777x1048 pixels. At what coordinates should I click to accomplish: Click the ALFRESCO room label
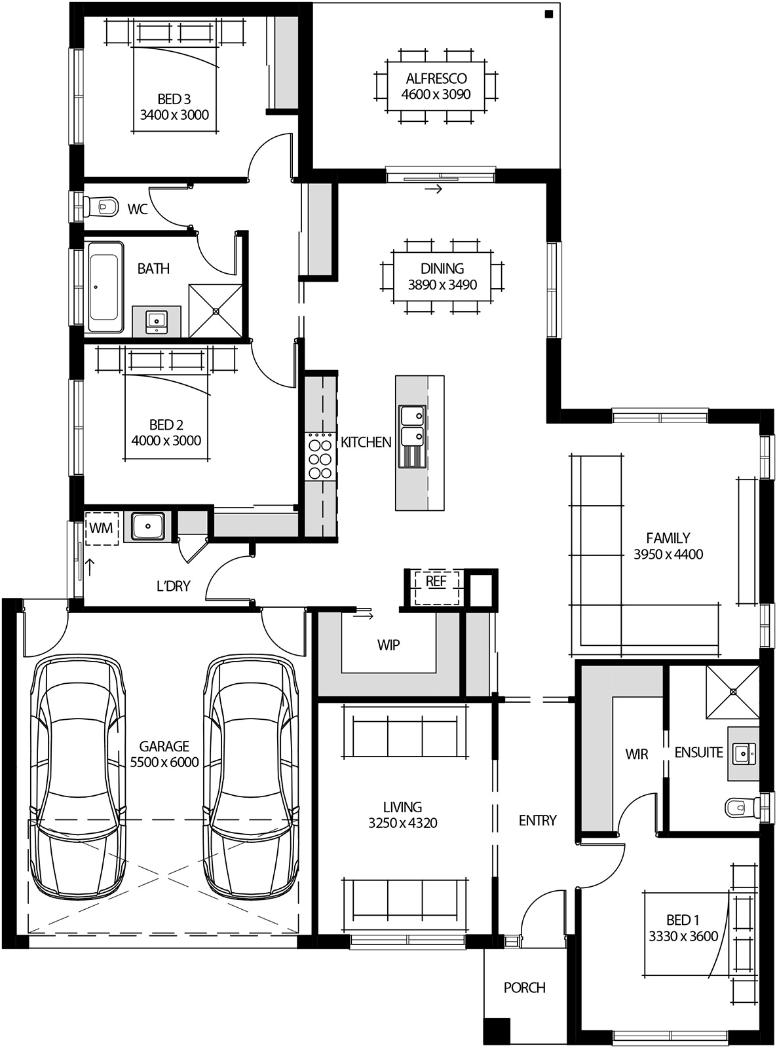(x=436, y=78)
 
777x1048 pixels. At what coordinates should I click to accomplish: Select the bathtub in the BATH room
(x=104, y=286)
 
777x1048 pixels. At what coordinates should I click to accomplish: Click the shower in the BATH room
(x=216, y=310)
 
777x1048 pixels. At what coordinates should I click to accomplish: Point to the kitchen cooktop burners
(x=320, y=457)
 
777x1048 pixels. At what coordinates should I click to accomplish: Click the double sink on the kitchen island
(x=412, y=436)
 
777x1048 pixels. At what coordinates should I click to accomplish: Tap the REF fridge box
(x=436, y=582)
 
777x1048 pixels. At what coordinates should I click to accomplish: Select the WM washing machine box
(x=101, y=528)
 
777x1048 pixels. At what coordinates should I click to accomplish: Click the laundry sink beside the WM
(x=148, y=526)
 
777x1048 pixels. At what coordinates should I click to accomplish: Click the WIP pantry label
(x=389, y=645)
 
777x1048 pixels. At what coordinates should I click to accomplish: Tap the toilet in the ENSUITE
(x=740, y=806)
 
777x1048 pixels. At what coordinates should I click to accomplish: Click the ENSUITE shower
(x=732, y=692)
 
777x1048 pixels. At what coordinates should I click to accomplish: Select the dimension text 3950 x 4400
(x=668, y=555)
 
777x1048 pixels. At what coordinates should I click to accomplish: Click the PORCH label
(x=524, y=987)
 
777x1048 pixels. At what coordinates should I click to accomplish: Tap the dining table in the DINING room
(x=442, y=276)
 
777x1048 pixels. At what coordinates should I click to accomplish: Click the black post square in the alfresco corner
(x=548, y=14)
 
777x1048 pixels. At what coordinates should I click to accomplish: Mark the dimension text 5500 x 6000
(x=164, y=762)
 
